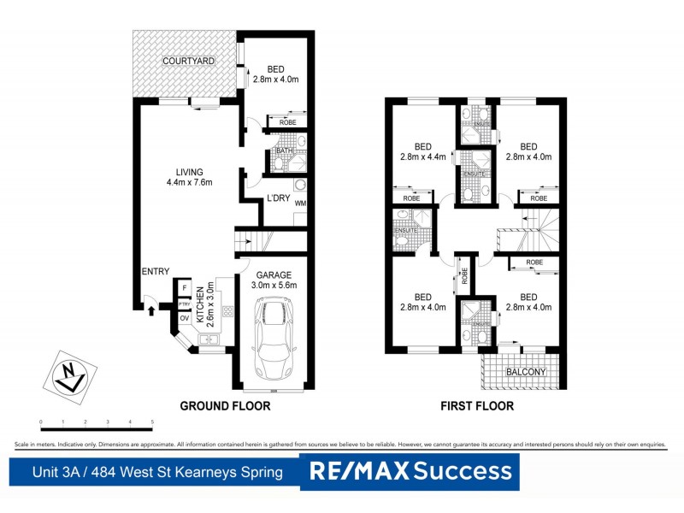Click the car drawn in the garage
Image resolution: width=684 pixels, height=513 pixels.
pyautogui.click(x=275, y=340)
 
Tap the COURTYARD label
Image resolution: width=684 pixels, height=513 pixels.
pyautogui.click(x=189, y=62)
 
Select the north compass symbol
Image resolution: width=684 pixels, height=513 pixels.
pyautogui.click(x=66, y=374)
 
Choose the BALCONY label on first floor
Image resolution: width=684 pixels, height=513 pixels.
pyautogui.click(x=526, y=372)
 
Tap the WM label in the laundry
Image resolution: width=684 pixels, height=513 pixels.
pyautogui.click(x=300, y=203)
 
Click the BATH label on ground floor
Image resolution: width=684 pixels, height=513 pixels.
pyautogui.click(x=280, y=153)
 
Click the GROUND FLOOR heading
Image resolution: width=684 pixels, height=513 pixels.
pyautogui.click(x=225, y=406)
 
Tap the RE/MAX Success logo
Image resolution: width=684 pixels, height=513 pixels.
pyautogui.click(x=410, y=471)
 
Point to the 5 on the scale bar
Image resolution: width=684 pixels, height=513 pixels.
pyautogui.click(x=152, y=422)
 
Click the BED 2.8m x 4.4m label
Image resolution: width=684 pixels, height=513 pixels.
pyautogui.click(x=424, y=151)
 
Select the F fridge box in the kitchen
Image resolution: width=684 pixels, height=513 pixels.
pyautogui.click(x=184, y=289)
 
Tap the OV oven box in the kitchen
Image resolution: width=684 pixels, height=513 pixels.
pyautogui.click(x=184, y=317)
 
